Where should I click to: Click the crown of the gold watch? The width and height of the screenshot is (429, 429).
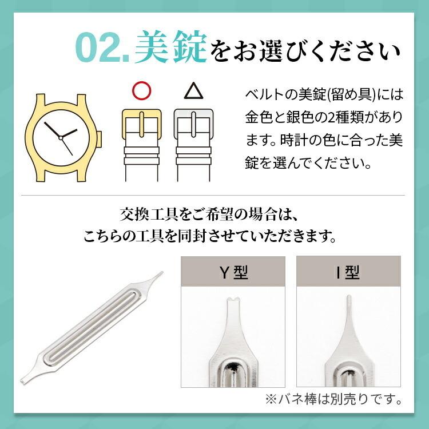[99, 138]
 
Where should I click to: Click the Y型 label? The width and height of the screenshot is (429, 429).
[234, 273]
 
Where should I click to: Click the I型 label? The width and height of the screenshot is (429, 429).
[348, 273]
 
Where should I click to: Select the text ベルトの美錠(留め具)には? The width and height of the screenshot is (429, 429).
[324, 94]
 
